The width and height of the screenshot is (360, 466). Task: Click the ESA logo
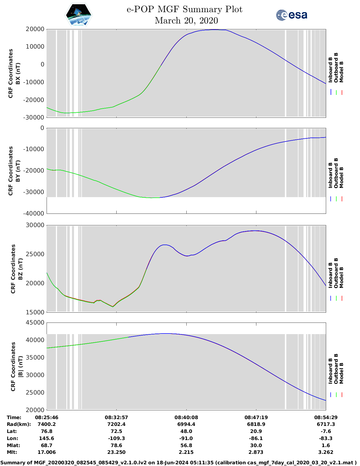click(291, 15)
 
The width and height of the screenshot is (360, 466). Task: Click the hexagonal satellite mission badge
click(79, 15)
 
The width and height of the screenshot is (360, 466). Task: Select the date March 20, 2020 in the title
click(186, 21)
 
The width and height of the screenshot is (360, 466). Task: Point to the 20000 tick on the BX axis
click(35, 29)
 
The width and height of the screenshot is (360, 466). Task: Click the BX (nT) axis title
click(18, 73)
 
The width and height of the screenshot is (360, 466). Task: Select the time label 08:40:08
click(186, 417)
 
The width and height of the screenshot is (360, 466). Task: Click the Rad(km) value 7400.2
click(47, 424)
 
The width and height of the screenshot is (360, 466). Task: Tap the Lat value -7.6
click(326, 431)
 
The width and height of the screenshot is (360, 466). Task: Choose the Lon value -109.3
click(116, 438)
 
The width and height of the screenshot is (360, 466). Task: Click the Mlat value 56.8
click(186, 445)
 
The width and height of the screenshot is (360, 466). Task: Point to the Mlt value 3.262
click(326, 452)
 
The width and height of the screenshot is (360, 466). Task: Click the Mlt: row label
click(12, 452)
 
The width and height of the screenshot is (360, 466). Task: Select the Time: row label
click(14, 417)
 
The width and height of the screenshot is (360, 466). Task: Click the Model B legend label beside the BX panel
click(341, 72)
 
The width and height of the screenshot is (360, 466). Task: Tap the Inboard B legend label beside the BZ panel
click(330, 275)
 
